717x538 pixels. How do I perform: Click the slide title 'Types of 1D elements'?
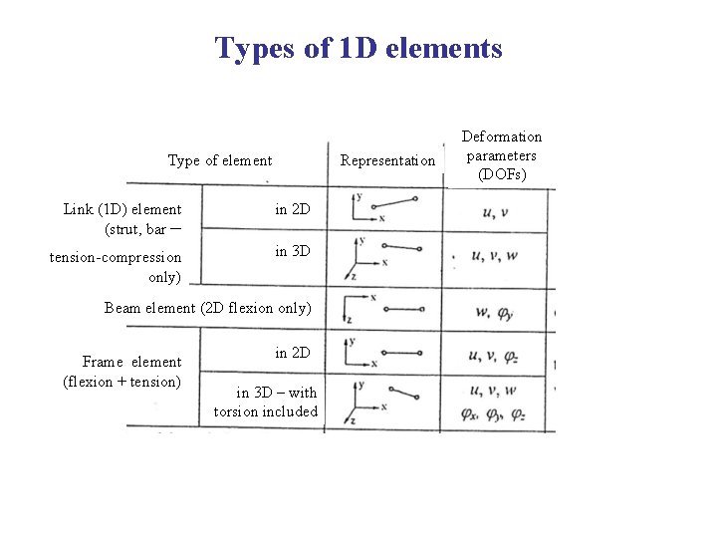click(x=358, y=48)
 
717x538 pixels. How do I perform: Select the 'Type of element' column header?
click(x=220, y=159)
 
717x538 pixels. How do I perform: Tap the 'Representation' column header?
click(x=387, y=160)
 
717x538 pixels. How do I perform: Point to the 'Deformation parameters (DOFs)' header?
click(x=502, y=154)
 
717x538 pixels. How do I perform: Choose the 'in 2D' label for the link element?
click(x=293, y=209)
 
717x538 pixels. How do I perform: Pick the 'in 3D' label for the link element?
click(x=293, y=252)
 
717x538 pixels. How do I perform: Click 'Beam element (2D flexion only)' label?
click(x=208, y=307)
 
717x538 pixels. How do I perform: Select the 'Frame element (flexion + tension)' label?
click(x=121, y=372)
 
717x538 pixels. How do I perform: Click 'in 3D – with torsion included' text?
click(x=265, y=402)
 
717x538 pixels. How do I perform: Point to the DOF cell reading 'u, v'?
click(x=495, y=211)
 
